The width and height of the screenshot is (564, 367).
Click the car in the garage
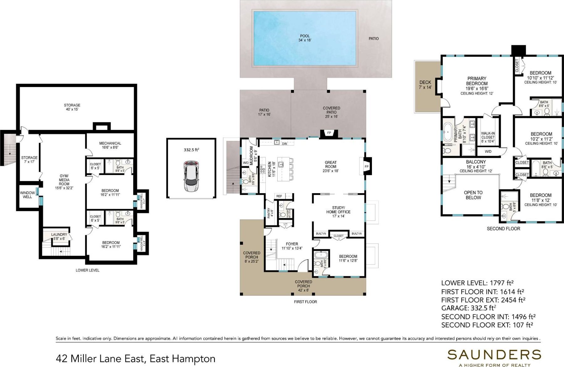click(x=191, y=176)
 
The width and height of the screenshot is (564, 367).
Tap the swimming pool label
click(x=305, y=38)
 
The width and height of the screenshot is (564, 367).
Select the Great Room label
click(x=331, y=167)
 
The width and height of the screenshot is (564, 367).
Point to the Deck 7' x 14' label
click(x=425, y=85)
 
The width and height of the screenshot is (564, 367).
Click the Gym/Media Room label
click(x=64, y=182)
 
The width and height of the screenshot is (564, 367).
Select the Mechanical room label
click(x=110, y=145)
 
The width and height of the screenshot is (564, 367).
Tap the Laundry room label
click(x=59, y=236)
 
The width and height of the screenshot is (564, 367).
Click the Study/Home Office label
click(x=338, y=211)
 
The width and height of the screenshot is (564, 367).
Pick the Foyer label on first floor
click(x=292, y=246)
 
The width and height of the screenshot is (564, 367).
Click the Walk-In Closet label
click(x=488, y=137)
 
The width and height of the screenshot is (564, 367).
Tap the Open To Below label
click(x=473, y=195)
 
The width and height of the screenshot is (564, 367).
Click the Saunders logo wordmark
click(x=494, y=354)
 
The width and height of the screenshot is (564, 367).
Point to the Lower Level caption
click(x=87, y=270)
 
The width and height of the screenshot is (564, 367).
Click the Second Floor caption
click(x=503, y=229)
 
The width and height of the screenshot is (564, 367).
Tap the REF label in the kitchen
click(x=279, y=196)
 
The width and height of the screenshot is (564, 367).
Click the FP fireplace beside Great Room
click(x=367, y=167)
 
